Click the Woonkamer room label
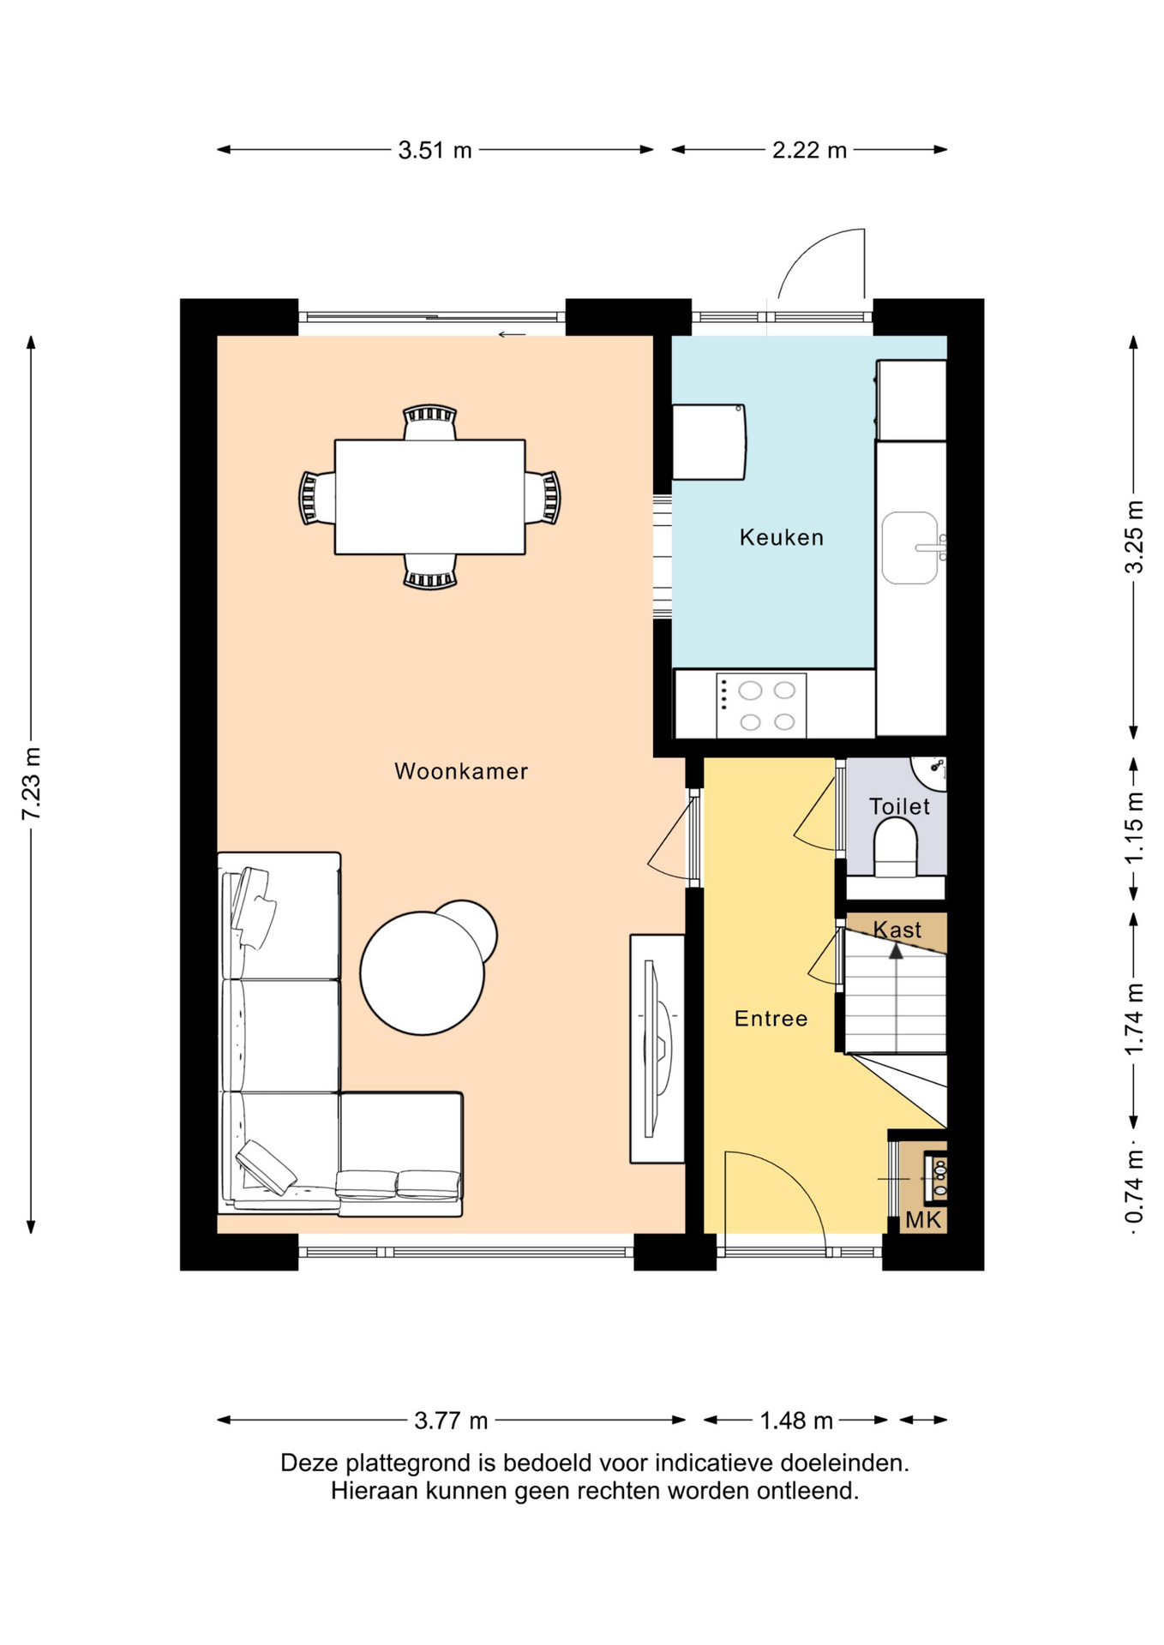click(460, 771)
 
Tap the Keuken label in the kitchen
click(781, 537)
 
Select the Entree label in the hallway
click(771, 1018)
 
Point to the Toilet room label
click(899, 806)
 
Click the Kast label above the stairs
click(897, 930)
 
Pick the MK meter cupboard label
click(923, 1220)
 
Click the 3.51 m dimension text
click(435, 150)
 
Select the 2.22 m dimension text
click(809, 150)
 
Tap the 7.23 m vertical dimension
click(31, 784)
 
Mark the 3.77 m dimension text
click(451, 1421)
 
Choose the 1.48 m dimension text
click(796, 1421)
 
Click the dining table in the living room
click(429, 497)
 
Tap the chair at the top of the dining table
click(429, 422)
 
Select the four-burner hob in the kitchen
click(761, 704)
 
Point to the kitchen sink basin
click(909, 548)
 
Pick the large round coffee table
click(423, 973)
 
